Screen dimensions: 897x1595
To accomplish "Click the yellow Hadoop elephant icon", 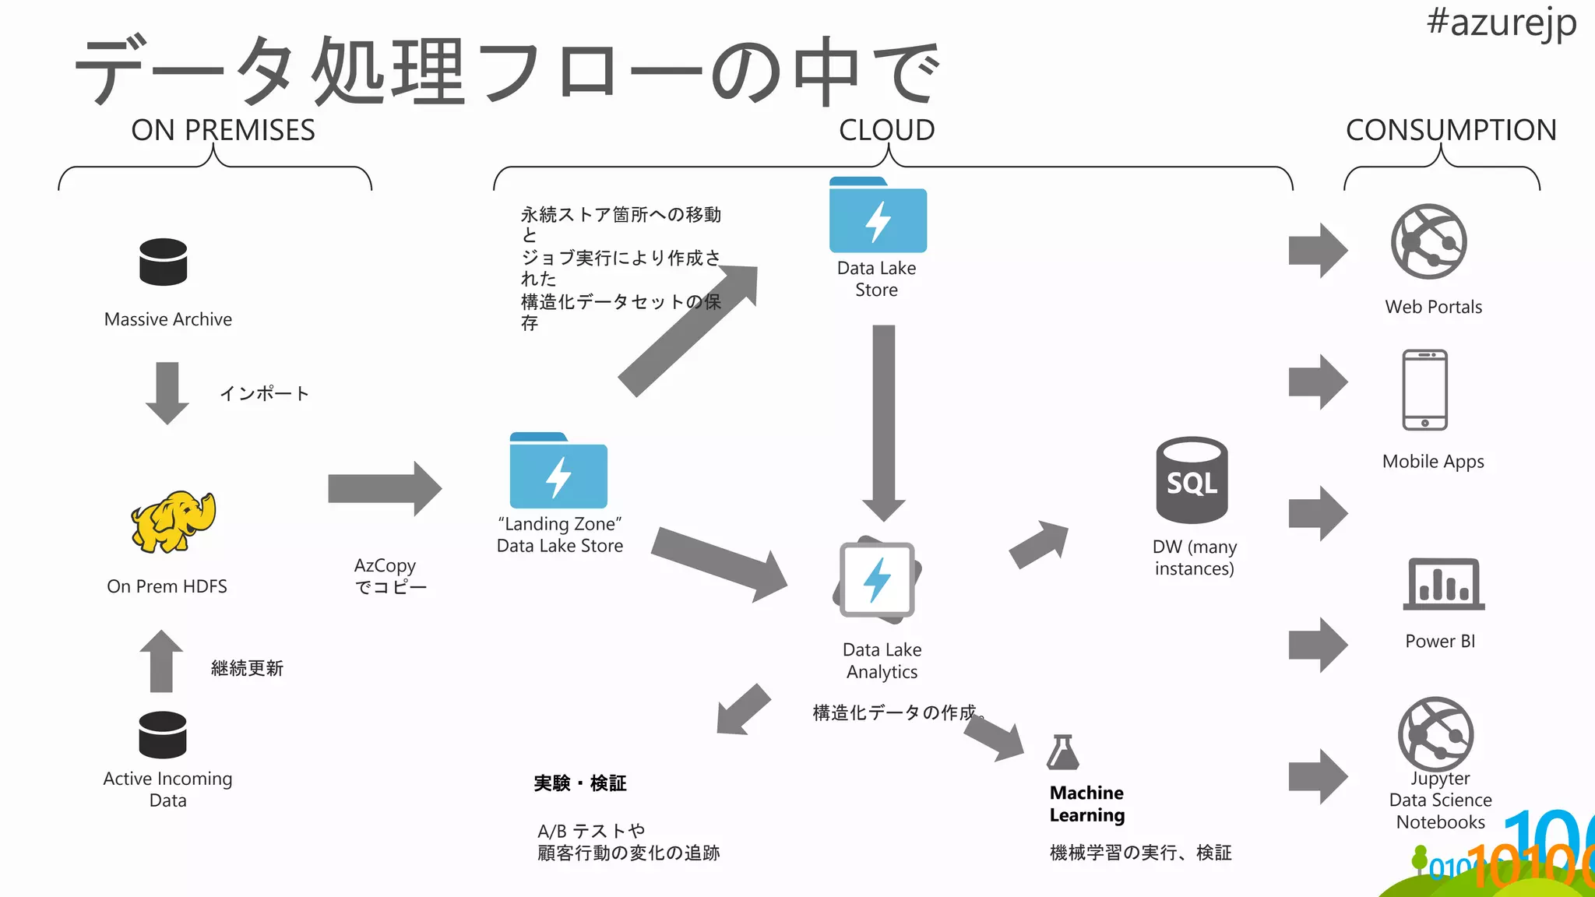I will (173, 522).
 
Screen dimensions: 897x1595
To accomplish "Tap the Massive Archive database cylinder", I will (164, 262).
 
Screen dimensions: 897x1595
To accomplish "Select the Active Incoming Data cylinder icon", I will (163, 734).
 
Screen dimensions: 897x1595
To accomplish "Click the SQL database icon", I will (1192, 480).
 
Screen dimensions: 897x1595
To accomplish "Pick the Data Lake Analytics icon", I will (877, 580).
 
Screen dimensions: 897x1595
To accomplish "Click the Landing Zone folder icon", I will (558, 471).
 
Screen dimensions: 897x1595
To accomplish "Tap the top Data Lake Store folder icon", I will (878, 216).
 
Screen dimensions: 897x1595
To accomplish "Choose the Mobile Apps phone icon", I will (1424, 390).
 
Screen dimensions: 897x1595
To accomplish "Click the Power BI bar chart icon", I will (1444, 584).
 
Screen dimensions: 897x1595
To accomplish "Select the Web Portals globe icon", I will (1429, 242).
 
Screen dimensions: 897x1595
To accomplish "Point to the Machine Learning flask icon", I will (1063, 752).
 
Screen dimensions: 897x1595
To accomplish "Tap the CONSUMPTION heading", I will (1451, 130).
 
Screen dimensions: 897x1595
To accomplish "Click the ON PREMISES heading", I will (223, 130).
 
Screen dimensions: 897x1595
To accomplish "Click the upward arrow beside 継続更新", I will (161, 661).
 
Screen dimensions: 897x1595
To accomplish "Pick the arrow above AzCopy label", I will (385, 489).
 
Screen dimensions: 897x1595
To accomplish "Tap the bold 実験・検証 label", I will (580, 783).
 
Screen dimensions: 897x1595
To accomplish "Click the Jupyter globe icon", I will (1435, 734).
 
